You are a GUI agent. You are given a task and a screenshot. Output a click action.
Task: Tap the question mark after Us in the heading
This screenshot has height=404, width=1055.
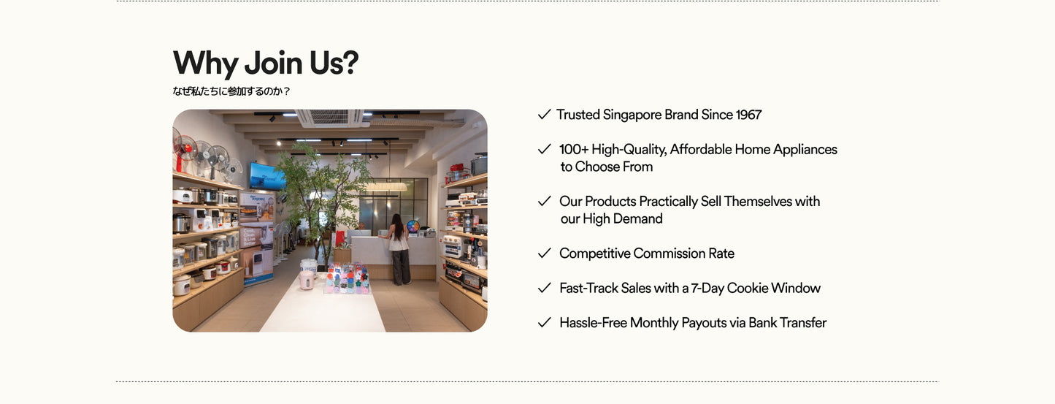point(350,63)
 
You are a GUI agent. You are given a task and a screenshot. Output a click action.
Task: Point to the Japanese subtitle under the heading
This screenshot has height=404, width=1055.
point(231,91)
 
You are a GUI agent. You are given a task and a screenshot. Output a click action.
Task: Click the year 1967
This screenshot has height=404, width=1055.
point(748,115)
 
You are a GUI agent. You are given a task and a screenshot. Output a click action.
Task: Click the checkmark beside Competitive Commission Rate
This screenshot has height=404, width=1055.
point(545,254)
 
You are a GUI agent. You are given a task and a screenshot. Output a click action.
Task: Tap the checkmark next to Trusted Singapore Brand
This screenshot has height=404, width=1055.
point(545,115)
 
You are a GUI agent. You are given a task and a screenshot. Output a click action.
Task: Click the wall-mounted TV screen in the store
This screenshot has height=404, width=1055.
point(267,176)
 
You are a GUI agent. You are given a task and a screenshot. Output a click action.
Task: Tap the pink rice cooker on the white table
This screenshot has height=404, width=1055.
point(307,280)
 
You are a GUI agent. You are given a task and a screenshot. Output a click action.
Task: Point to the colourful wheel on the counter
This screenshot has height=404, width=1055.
point(413,226)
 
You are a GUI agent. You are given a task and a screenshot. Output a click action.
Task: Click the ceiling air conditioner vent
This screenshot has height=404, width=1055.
point(330,117)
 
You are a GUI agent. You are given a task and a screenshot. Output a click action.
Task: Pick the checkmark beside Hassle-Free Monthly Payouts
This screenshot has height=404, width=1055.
point(545,322)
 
